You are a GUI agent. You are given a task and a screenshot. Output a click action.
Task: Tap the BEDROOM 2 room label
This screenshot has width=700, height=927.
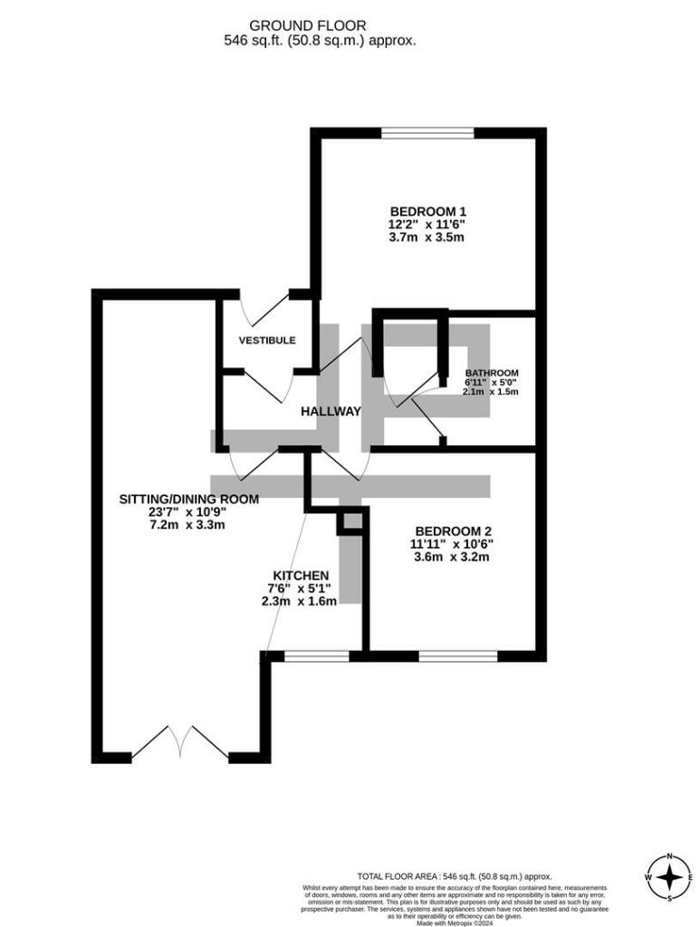454,530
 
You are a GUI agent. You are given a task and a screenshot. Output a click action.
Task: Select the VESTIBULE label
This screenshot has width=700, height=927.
267,340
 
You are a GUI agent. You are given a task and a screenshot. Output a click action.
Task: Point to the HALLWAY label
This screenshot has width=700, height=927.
331,411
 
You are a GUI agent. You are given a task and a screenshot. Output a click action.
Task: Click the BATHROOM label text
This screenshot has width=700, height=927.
492,373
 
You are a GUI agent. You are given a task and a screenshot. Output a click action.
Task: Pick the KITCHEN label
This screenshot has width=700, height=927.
301,576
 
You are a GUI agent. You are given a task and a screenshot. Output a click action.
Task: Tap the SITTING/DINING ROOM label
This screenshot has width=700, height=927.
189,499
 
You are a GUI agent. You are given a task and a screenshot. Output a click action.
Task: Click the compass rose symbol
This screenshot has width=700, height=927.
669,877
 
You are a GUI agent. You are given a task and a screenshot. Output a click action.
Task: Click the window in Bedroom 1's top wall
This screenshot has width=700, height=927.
427,133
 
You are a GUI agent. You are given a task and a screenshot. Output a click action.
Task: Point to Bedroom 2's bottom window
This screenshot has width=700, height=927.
457,655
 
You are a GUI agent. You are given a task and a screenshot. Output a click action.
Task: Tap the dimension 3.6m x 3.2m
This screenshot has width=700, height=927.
454,557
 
